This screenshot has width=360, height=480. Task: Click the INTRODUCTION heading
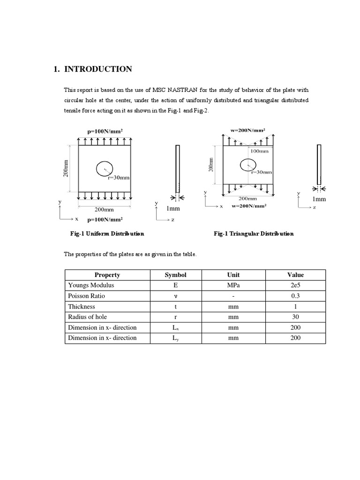[97, 69]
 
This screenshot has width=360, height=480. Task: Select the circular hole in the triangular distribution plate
[248, 165]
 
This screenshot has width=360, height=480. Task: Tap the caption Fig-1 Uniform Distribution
[107, 233]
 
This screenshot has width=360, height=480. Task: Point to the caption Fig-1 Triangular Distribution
[254, 233]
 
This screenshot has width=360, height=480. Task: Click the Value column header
[295, 275]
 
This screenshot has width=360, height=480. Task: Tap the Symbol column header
[175, 275]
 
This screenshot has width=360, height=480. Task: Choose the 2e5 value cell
[295, 285]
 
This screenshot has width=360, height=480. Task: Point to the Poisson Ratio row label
[87, 296]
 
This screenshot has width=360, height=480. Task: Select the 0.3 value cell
[295, 296]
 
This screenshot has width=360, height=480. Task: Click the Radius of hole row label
[88, 317]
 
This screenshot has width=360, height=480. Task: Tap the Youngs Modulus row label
[91, 285]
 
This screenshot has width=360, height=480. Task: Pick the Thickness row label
[82, 307]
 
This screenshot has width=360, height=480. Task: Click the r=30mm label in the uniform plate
[119, 178]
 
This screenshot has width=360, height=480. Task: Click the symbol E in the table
[175, 285]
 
